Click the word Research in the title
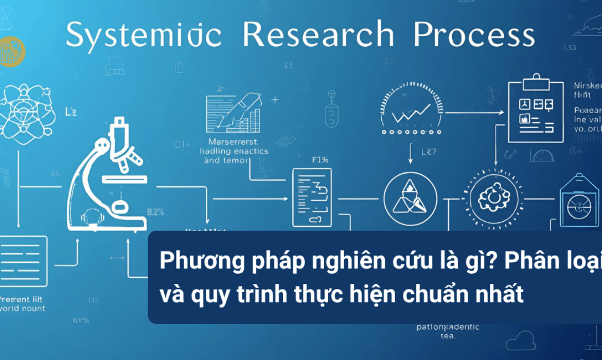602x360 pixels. [x=318, y=35]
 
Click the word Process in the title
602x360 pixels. [x=474, y=35]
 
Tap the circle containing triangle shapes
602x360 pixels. [x=410, y=199]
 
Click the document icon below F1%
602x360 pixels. [x=312, y=197]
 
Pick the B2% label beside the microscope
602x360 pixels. [x=155, y=211]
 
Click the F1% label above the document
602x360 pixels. [x=321, y=159]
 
